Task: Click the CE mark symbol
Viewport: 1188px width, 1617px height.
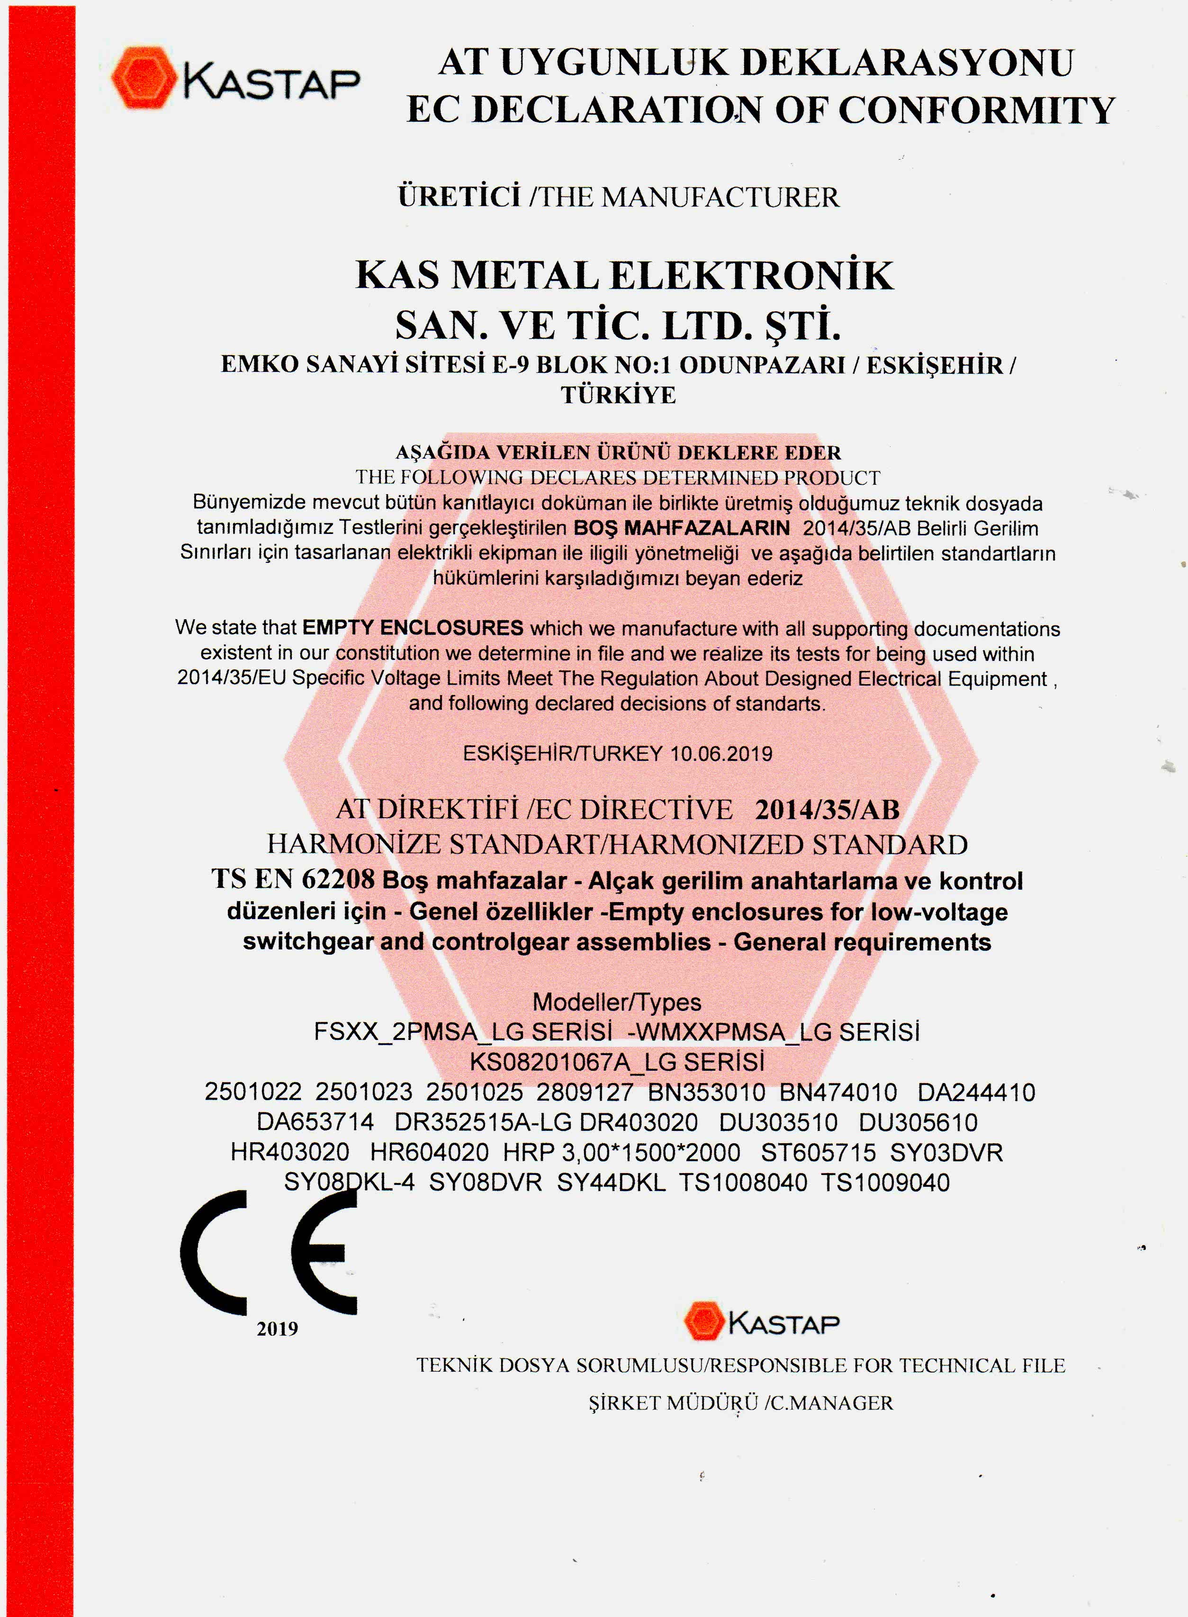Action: pyautogui.click(x=268, y=1252)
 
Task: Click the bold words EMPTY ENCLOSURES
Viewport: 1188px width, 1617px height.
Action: pyautogui.click(x=412, y=627)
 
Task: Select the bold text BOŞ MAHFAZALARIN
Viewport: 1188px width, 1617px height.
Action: pyautogui.click(x=681, y=528)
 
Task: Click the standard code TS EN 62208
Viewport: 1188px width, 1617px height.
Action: pyautogui.click(x=293, y=879)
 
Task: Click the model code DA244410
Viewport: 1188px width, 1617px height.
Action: pyautogui.click(x=976, y=1092)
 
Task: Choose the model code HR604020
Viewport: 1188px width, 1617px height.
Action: pyautogui.click(x=429, y=1152)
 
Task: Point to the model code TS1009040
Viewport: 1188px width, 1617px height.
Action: pyautogui.click(x=885, y=1183)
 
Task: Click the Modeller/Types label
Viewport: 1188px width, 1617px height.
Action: pyautogui.click(x=616, y=1002)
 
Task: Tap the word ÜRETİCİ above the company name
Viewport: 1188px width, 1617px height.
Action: pyautogui.click(x=459, y=196)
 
